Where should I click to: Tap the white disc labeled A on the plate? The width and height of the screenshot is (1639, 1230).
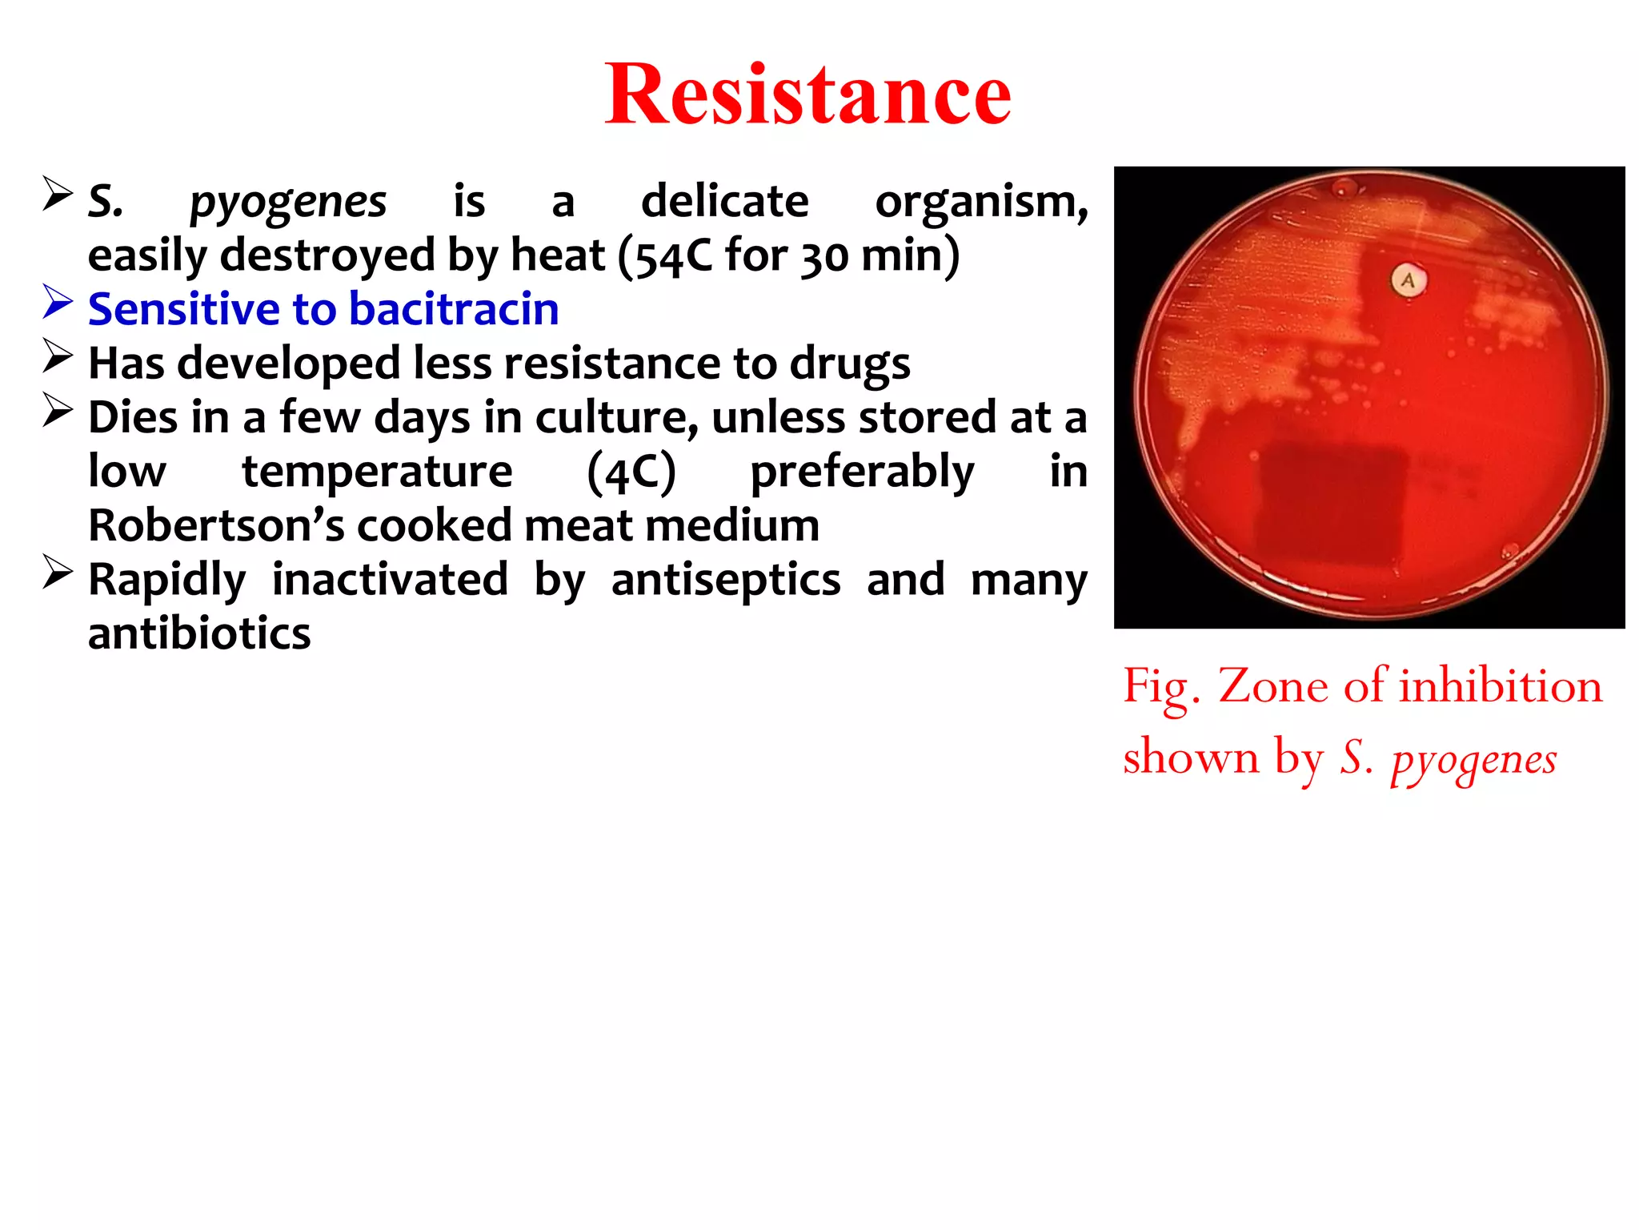[1408, 280]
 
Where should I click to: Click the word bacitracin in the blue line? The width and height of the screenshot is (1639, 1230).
[454, 309]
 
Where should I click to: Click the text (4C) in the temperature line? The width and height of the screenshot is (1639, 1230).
[631, 472]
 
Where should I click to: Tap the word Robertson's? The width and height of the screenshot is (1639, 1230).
[216, 526]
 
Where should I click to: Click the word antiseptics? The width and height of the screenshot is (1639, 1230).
[725, 580]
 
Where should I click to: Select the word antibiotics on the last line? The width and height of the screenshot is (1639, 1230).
[199, 634]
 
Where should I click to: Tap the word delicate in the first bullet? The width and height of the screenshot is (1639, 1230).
[724, 201]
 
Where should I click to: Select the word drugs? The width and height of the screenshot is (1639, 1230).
[849, 364]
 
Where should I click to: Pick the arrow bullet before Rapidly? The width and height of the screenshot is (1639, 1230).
[58, 573]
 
